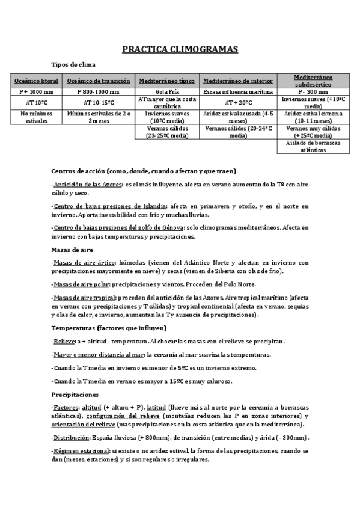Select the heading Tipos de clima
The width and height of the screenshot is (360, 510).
73,64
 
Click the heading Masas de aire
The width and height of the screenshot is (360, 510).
72,249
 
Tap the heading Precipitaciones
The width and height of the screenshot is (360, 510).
75,395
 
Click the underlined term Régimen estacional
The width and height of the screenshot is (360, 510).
82,451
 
